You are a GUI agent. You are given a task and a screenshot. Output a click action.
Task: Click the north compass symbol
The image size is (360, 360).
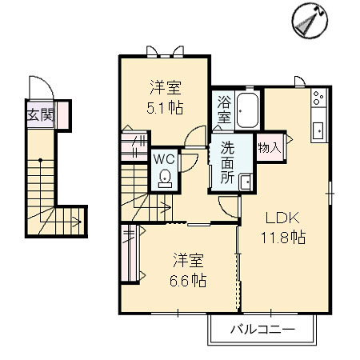pyautogui.click(x=310, y=21)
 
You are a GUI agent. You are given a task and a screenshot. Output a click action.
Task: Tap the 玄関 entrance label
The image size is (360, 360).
pyautogui.click(x=41, y=115)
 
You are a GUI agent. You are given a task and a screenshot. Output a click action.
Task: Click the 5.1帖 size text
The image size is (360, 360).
pyautogui.click(x=165, y=108)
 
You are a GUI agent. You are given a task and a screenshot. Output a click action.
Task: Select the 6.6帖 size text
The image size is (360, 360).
pyautogui.click(x=188, y=281)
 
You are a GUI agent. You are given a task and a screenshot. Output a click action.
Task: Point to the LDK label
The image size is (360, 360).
pyautogui.click(x=282, y=218)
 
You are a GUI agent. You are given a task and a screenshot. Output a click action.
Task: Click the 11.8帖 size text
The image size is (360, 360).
pyautogui.click(x=283, y=237)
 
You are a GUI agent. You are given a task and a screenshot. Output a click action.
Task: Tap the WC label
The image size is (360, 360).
pyautogui.click(x=164, y=159)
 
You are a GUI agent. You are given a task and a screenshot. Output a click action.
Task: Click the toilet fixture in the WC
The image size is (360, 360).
pyautogui.click(x=165, y=178)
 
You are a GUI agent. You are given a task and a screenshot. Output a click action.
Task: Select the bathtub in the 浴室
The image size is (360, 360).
pyautogui.click(x=247, y=110)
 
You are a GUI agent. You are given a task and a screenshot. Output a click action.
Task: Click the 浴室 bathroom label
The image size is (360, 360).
pyautogui.click(x=224, y=110)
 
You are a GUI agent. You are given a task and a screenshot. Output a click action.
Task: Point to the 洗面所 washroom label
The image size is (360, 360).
pyautogui.click(x=227, y=162)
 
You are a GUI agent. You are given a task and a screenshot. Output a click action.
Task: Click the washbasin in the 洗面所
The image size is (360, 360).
pyautogui.click(x=246, y=182)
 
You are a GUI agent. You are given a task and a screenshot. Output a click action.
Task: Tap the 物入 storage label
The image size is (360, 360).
pyautogui.click(x=270, y=147)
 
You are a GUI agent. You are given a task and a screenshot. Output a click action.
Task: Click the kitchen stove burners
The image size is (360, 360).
pyautogui.click(x=318, y=98)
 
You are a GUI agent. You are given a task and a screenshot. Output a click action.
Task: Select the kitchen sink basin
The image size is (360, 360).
pyautogui.click(x=318, y=130)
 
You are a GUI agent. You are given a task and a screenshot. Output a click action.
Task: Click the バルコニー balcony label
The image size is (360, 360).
pyautogui.click(x=262, y=330)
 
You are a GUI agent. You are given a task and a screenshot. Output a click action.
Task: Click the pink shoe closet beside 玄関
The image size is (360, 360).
pyautogui.click(x=63, y=115)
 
